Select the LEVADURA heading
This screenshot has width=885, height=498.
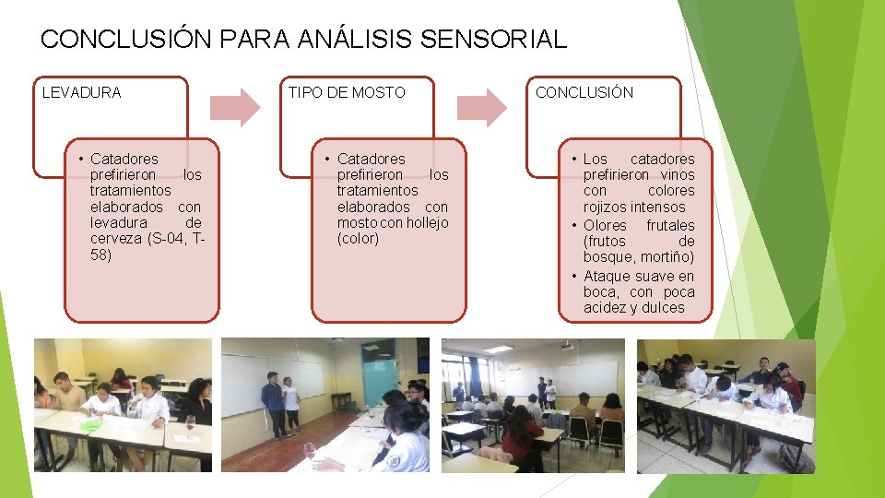(x=82, y=92)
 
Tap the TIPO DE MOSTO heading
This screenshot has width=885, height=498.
(x=347, y=92)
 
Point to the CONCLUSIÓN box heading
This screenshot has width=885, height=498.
(x=584, y=92)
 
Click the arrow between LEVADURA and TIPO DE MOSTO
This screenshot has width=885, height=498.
(x=237, y=107)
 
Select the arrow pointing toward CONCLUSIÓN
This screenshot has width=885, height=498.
(x=483, y=107)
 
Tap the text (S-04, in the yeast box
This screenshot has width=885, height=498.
(x=167, y=239)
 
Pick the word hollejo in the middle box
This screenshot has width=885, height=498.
(x=427, y=222)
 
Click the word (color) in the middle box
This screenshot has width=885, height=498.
(x=358, y=239)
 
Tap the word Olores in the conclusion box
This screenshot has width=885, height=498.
(x=605, y=225)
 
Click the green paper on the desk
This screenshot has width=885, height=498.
(x=89, y=425)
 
